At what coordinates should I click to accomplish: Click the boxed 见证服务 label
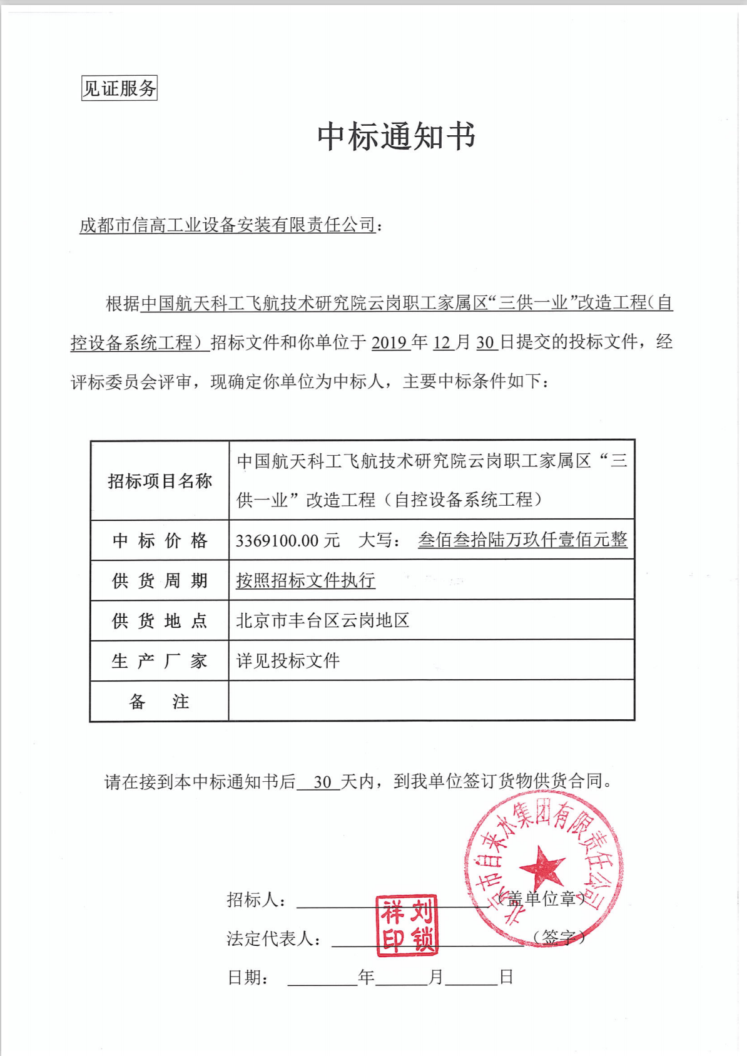coord(119,88)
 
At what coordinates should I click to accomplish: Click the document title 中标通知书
coord(396,136)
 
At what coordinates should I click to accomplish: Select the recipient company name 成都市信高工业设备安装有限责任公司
coord(228,225)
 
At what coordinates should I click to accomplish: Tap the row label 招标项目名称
coord(160,481)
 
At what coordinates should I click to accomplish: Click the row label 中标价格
coord(160,540)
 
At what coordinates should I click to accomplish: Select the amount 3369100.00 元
coord(287,540)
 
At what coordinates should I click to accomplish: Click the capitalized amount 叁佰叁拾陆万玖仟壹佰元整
coord(522,540)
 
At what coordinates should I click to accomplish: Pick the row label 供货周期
coord(160,580)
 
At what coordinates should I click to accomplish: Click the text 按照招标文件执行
coord(305,580)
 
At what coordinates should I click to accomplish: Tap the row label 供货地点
coord(160,620)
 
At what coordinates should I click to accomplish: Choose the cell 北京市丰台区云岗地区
coord(322,620)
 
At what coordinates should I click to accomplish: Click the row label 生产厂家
coord(160,660)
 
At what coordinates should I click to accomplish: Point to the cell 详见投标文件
coord(288,660)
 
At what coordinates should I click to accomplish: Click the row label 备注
coord(160,701)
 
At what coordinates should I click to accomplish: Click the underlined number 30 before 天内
coord(322,782)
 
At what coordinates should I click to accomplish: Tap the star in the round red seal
coord(542,867)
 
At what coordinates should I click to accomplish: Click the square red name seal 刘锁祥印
coord(407,925)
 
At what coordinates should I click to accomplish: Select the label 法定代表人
coord(274,938)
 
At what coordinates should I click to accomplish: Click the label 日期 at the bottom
coord(247,977)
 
